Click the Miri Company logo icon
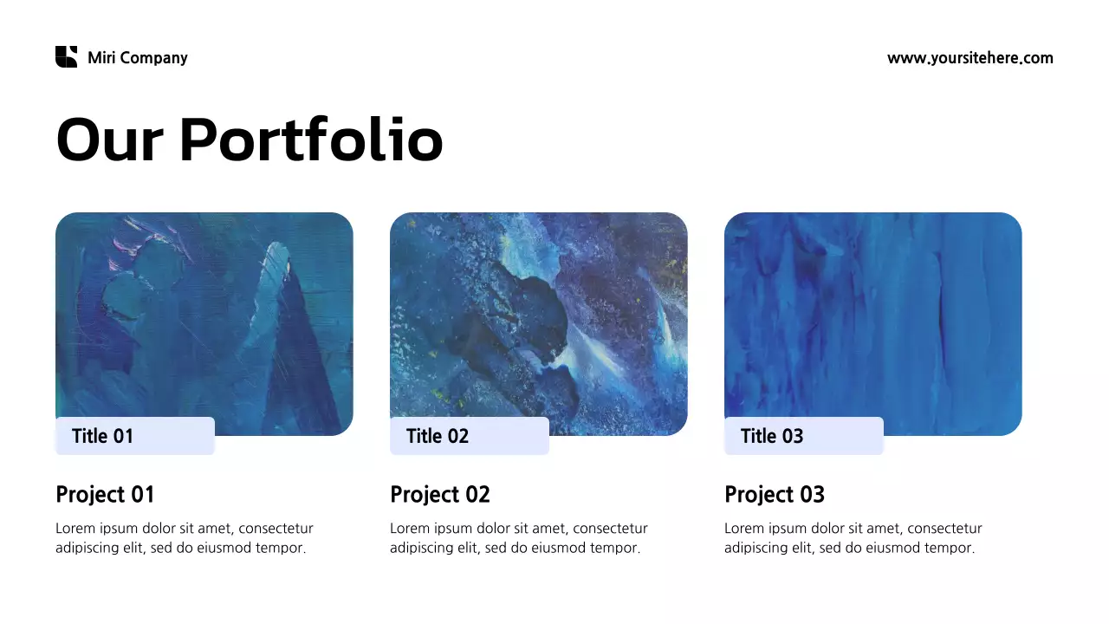point(67,57)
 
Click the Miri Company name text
point(138,58)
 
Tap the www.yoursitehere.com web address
point(970,58)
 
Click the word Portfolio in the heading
point(311,140)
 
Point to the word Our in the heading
point(109,140)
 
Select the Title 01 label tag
point(134,436)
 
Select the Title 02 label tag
point(469,436)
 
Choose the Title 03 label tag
point(803,436)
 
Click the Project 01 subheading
point(105,494)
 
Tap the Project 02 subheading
point(440,494)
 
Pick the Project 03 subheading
point(775,494)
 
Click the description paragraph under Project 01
point(184,538)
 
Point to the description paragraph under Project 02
point(518,538)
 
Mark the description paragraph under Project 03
point(853,538)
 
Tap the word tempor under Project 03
point(950,549)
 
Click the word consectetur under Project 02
point(610,529)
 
